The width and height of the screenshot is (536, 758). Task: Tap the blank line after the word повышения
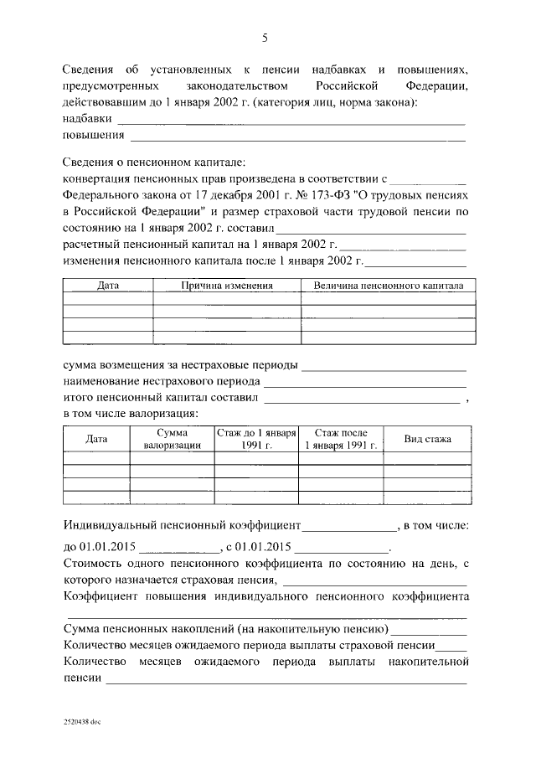297,137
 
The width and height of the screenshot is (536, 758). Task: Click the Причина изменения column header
227,286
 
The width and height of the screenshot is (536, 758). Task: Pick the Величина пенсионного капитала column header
389,286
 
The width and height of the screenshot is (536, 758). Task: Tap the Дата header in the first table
108,286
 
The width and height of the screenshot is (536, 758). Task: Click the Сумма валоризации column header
171,439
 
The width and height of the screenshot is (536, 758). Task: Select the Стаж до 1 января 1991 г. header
256,439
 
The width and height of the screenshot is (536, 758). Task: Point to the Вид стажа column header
427,439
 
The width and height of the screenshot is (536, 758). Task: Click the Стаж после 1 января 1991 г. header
341,439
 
